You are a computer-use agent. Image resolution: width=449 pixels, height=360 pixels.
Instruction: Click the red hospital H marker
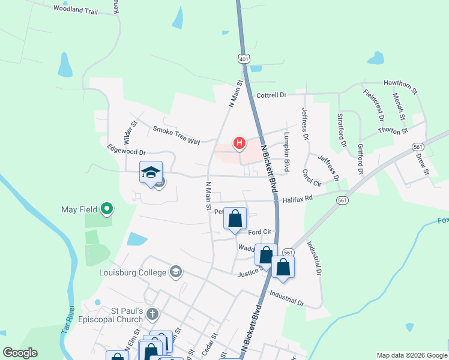click(240, 143)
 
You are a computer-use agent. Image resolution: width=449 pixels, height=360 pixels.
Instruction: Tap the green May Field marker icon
click(107, 209)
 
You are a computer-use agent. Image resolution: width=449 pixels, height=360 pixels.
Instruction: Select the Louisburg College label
click(132, 272)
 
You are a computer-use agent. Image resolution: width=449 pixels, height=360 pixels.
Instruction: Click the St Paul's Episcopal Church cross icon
click(153, 313)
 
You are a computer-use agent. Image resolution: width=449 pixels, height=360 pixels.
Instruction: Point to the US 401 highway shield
click(243, 59)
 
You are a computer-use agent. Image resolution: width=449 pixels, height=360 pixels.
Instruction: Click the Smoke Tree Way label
click(176, 135)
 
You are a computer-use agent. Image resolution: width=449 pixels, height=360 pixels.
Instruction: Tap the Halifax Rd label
click(298, 198)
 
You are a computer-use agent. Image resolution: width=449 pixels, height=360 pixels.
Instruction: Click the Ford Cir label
click(259, 232)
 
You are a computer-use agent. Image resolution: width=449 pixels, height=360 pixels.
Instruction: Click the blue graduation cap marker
click(151, 173)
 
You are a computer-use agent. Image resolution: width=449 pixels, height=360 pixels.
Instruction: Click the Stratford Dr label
click(342, 130)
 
